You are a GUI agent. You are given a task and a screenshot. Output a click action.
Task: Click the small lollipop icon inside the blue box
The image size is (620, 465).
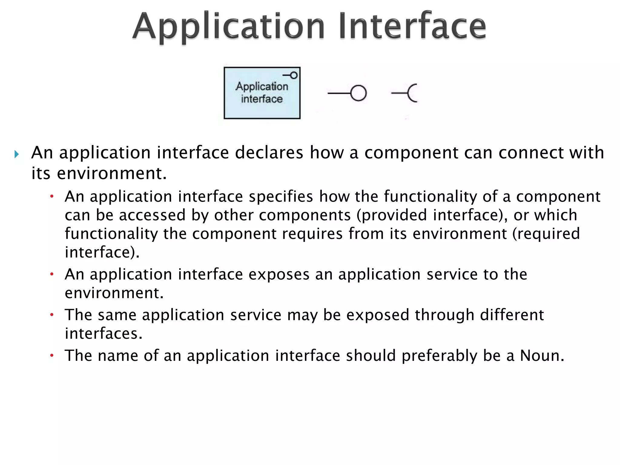tap(291, 75)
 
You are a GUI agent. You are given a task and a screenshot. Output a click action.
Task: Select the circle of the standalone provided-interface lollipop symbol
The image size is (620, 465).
tap(358, 93)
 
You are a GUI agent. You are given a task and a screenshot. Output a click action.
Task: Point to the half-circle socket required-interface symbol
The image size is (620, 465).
tap(412, 93)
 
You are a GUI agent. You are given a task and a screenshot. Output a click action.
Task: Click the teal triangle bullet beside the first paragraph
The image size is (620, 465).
tap(17, 155)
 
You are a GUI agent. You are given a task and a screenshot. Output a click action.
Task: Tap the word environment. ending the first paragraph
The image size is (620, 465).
tap(112, 173)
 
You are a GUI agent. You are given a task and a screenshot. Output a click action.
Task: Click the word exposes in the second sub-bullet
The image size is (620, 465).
tap(279, 274)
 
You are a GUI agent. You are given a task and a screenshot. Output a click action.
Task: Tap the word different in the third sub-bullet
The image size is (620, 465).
tap(512, 315)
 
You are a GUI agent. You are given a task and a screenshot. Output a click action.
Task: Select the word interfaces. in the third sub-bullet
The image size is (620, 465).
tap(104, 333)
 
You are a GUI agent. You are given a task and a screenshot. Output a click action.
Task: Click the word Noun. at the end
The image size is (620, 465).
tap(542, 355)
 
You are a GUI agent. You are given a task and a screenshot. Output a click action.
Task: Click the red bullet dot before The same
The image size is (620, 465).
tap(52, 315)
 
